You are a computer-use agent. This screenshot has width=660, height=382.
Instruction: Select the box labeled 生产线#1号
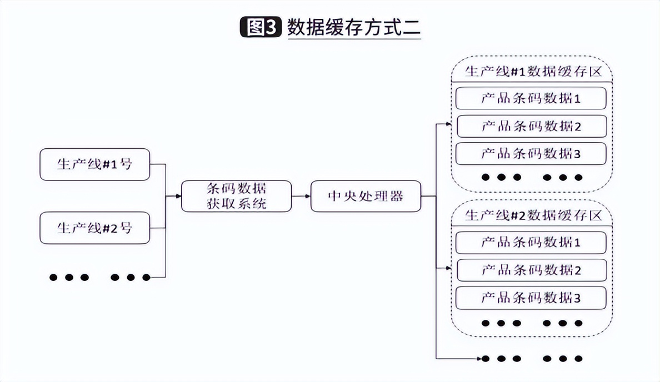(95, 164)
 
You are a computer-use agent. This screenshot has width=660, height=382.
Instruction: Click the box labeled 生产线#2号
(95, 228)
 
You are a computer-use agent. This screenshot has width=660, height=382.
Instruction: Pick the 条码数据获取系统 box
(236, 196)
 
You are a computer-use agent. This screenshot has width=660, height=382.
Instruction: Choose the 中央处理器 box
(366, 196)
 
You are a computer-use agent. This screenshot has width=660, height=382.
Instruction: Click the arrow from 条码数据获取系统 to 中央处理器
(301, 196)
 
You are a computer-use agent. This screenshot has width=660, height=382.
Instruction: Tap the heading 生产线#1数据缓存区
(533, 72)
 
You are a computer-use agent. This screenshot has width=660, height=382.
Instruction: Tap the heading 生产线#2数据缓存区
(533, 215)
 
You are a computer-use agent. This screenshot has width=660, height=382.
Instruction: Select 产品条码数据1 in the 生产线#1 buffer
(531, 99)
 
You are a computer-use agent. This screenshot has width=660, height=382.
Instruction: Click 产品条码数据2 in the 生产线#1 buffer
(531, 127)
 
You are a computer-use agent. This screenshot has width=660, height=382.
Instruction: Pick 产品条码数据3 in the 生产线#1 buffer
(531, 154)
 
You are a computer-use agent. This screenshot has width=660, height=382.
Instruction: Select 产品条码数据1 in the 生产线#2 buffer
(531, 243)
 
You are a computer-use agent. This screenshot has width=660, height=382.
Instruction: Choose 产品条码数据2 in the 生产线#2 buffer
(531, 270)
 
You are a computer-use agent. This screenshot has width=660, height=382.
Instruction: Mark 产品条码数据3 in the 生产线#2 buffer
(531, 298)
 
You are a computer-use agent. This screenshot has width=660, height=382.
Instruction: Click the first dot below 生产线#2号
(53, 277)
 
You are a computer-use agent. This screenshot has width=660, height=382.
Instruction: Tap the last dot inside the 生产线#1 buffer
(579, 178)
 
